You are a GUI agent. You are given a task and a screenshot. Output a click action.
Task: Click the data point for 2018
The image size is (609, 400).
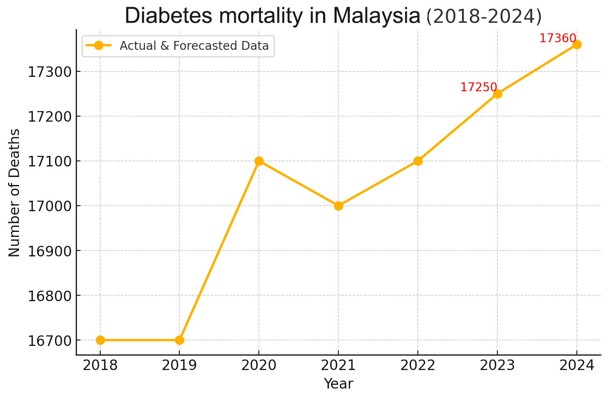click(100, 340)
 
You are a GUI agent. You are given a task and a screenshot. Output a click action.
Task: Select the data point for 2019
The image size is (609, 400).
click(179, 340)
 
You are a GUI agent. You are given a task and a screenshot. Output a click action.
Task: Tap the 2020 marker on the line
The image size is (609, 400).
click(259, 161)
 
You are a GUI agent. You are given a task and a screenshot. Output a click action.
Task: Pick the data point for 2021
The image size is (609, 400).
click(338, 206)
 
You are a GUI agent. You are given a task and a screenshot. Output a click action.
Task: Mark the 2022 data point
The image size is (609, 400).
click(418, 161)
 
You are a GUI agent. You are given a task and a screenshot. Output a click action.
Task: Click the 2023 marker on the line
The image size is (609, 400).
click(497, 94)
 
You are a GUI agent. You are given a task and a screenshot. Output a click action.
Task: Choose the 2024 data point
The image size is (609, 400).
click(577, 44)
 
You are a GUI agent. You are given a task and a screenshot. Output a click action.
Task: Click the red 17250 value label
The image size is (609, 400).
click(478, 87)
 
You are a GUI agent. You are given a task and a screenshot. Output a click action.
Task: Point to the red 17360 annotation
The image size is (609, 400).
click(557, 38)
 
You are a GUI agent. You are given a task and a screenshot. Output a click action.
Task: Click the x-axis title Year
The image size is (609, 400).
click(338, 384)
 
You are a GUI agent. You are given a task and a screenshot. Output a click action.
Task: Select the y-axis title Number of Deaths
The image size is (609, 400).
click(14, 193)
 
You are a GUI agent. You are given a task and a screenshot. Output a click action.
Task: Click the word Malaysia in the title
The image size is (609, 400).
click(376, 16)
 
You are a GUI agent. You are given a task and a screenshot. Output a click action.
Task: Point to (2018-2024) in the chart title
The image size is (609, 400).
click(484, 16)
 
